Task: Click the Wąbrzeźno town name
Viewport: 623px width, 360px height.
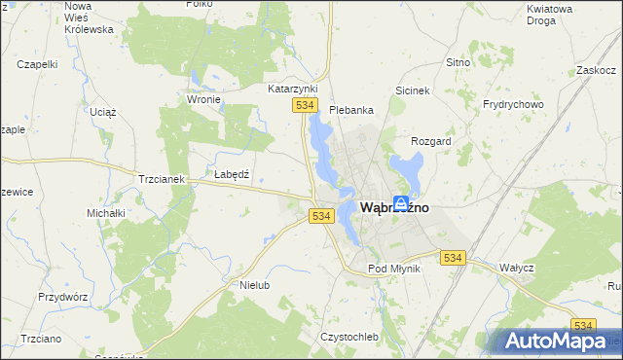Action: pos(395,207)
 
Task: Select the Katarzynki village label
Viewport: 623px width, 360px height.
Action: pos(294,88)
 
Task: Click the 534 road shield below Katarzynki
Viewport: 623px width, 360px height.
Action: pos(306,105)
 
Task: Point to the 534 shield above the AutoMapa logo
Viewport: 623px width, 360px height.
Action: pos(583,325)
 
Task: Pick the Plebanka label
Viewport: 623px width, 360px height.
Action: pos(351,110)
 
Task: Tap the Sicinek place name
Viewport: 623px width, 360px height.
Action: pos(413,90)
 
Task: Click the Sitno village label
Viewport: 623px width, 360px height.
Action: pos(458,62)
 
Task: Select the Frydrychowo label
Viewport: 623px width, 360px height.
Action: pos(513,104)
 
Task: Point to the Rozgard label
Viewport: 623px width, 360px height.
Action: pos(432,141)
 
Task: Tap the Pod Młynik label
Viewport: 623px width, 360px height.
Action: pos(393,269)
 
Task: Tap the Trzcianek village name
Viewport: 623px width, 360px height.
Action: pos(162,180)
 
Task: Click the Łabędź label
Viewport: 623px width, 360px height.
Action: pos(233,174)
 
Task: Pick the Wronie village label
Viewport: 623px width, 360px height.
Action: pos(205,99)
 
